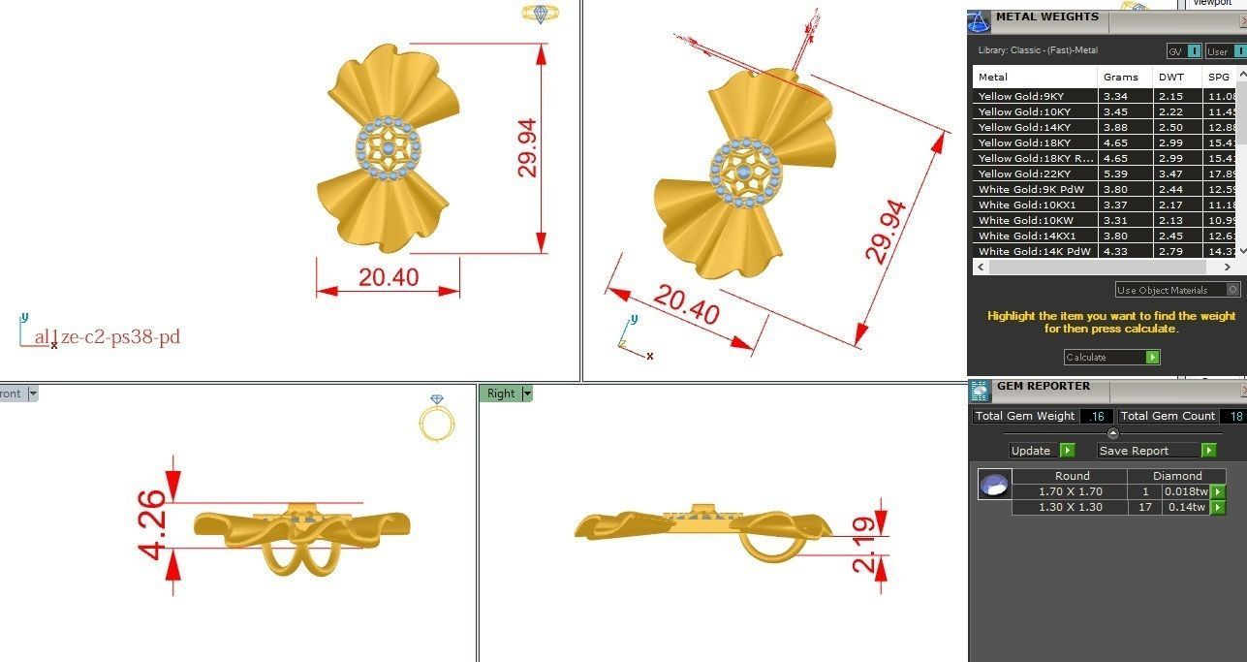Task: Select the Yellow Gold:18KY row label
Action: pos(1021,142)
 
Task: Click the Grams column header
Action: pos(1120,77)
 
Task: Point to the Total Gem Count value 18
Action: pos(1232,416)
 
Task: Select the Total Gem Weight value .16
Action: pos(1096,416)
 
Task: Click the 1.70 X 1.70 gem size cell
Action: pos(1070,491)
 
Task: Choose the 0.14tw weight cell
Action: pos(1186,507)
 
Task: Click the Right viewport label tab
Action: pos(502,394)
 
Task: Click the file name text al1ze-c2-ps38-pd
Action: pos(107,337)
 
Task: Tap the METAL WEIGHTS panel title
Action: pos(1046,16)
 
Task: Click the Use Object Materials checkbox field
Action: pos(1176,290)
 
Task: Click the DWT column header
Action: pos(1170,77)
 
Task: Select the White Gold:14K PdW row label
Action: pos(1034,251)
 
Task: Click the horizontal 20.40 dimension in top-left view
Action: pos(388,278)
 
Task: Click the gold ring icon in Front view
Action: pos(436,421)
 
